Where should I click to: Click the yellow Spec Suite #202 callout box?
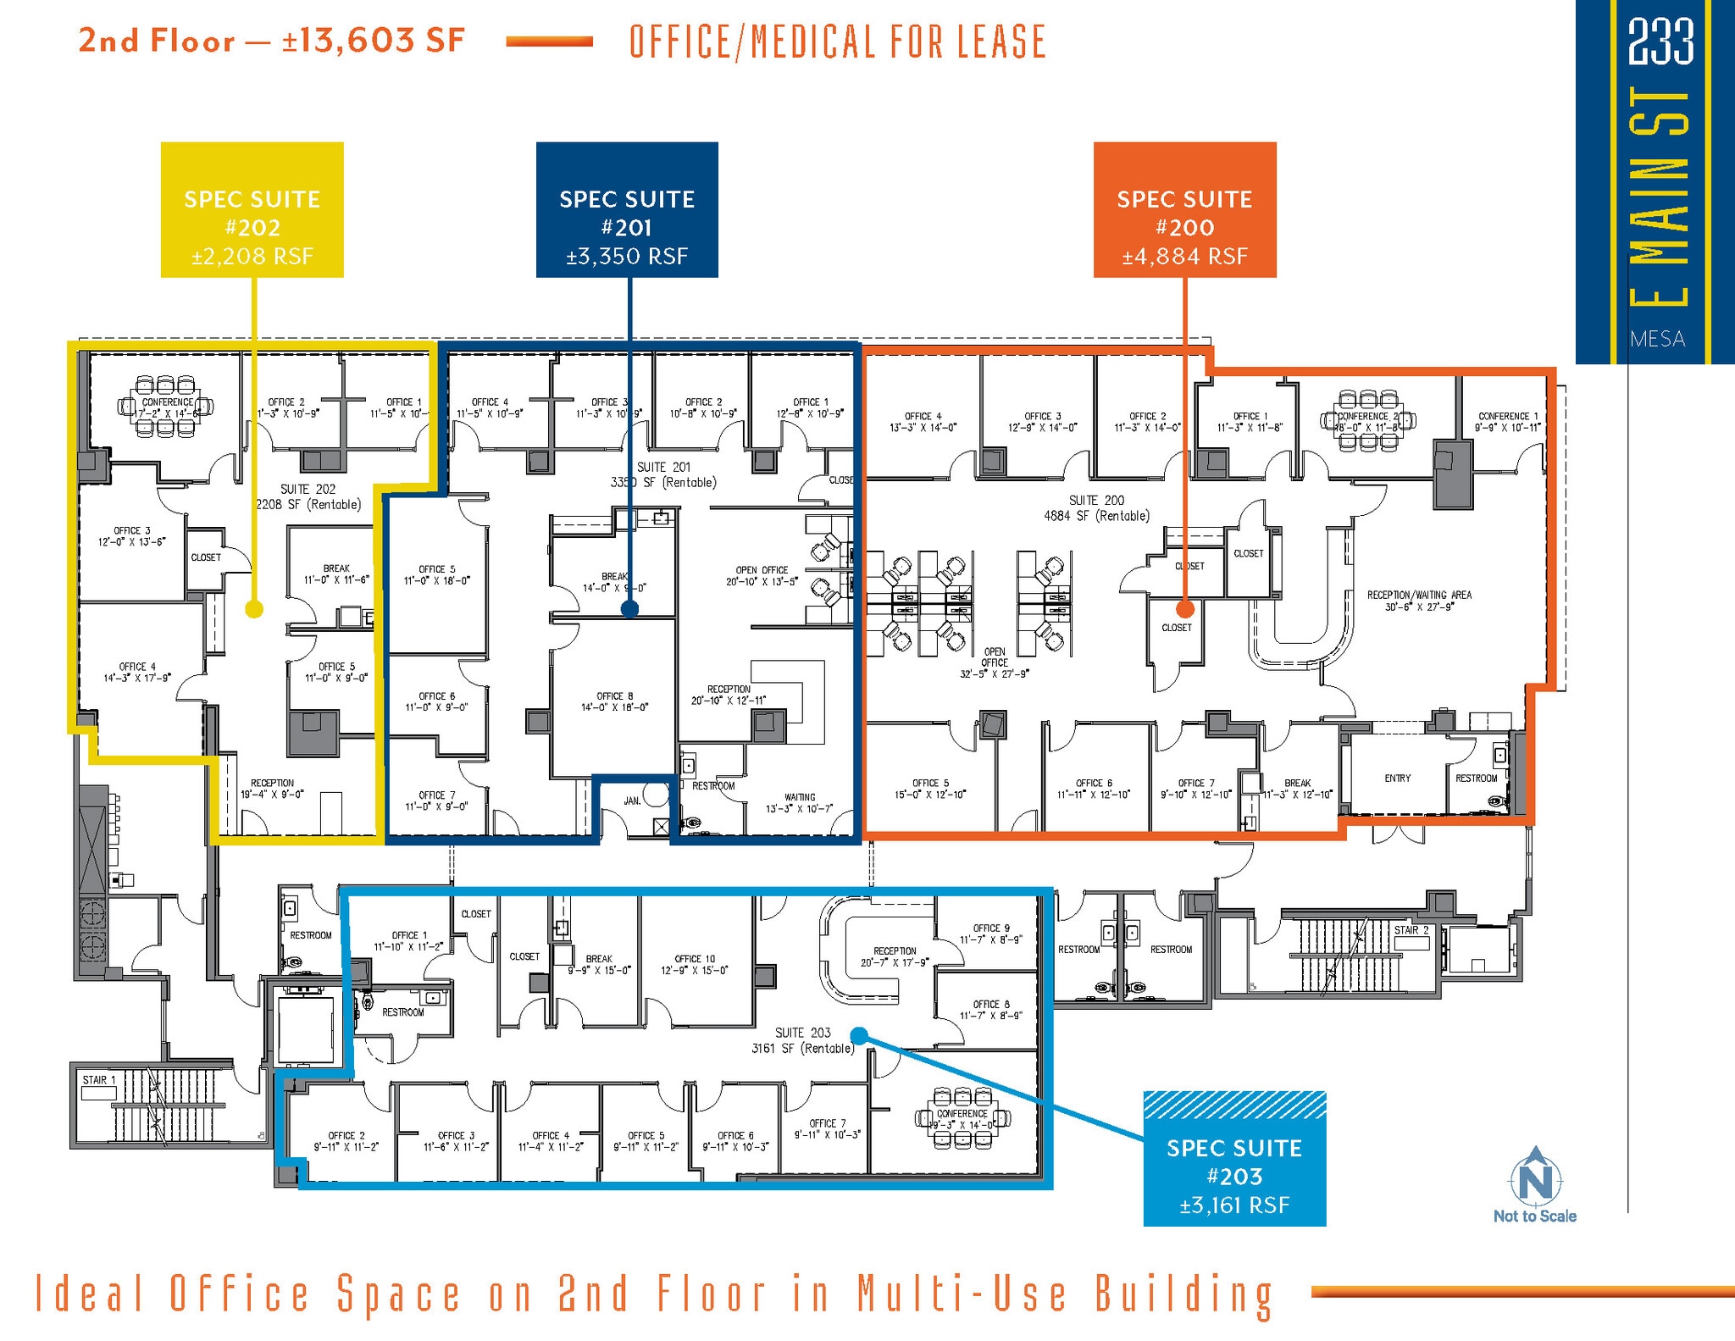(252, 210)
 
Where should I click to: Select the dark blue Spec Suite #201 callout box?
(627, 210)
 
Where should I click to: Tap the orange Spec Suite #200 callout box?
(1184, 210)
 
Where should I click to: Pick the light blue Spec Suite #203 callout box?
(1234, 1158)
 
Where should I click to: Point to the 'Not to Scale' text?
(1534, 1216)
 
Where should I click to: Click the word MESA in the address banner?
(1657, 339)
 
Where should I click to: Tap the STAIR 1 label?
(98, 1080)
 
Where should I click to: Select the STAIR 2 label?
(1411, 930)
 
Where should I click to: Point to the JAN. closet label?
(632, 801)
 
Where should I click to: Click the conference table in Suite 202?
(166, 407)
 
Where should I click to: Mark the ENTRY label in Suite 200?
(1397, 778)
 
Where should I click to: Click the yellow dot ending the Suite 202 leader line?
(254, 609)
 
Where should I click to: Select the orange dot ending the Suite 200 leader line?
(1185, 608)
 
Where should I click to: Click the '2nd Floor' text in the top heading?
(157, 41)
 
